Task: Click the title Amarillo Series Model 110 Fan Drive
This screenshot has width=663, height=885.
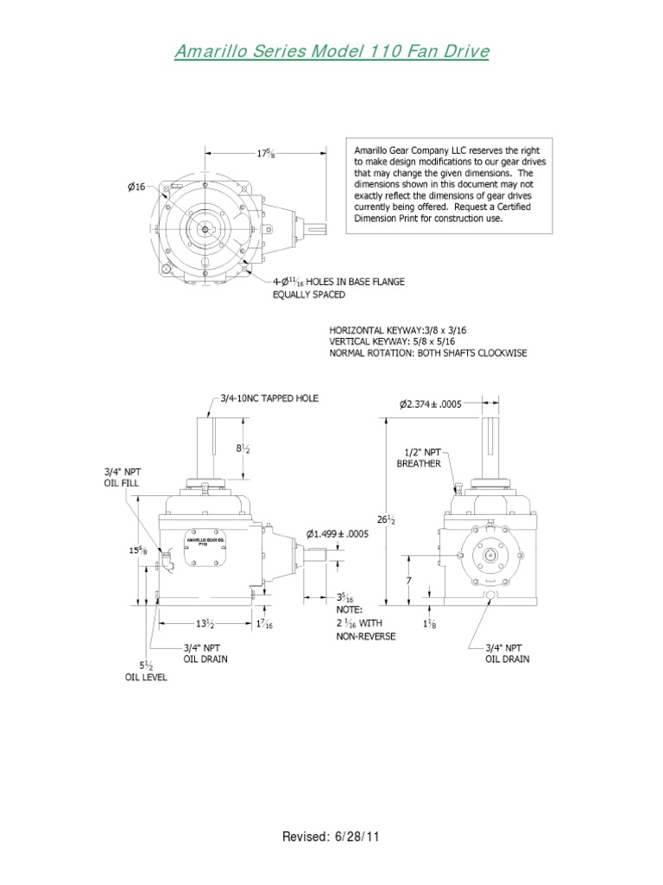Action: [x=331, y=53]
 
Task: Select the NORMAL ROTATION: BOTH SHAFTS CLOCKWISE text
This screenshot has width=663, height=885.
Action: [x=427, y=353]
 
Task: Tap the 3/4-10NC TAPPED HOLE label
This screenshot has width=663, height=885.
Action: [x=268, y=398]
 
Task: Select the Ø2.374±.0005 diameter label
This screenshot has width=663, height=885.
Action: [x=440, y=404]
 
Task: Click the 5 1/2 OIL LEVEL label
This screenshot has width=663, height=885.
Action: [x=143, y=672]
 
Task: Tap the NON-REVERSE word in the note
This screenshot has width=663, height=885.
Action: [x=365, y=636]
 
